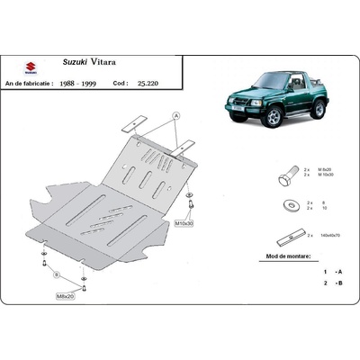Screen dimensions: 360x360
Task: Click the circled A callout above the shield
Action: [x=176, y=115]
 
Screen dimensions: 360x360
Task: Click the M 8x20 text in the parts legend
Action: [x=327, y=168]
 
